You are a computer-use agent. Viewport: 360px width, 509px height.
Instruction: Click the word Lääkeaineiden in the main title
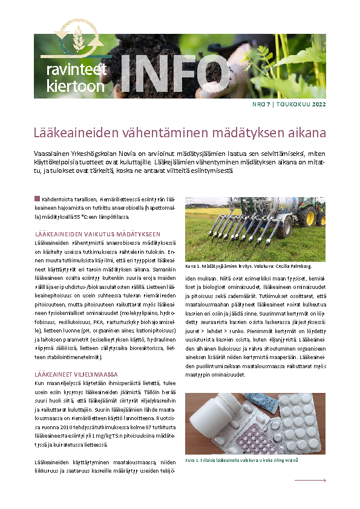71,132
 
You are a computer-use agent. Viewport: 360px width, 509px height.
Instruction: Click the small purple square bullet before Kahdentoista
38,198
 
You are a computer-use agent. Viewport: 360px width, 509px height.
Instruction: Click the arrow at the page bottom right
310,481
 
